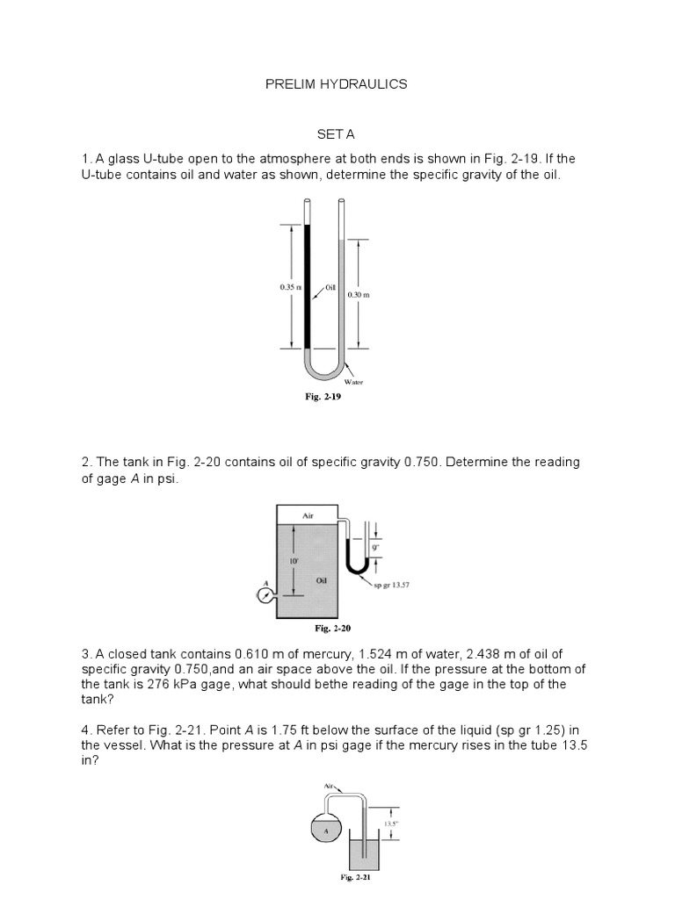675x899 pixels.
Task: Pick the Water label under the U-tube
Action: click(x=353, y=382)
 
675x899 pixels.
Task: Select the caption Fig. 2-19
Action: click(x=323, y=397)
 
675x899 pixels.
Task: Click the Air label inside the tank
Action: click(x=308, y=517)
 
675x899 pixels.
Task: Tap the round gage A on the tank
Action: click(x=263, y=595)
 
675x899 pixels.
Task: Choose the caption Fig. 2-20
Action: click(x=333, y=629)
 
